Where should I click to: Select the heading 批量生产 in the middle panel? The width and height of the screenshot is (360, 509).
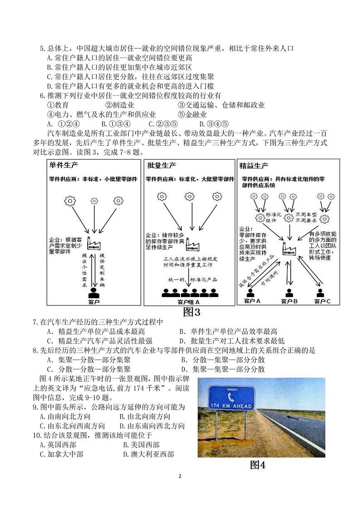[x=162, y=166]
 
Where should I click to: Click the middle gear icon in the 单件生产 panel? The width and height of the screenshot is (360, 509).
[x=94, y=200]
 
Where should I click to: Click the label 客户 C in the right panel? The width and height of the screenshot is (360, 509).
[x=322, y=301]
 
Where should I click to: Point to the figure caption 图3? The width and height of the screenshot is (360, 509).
[x=191, y=312]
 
